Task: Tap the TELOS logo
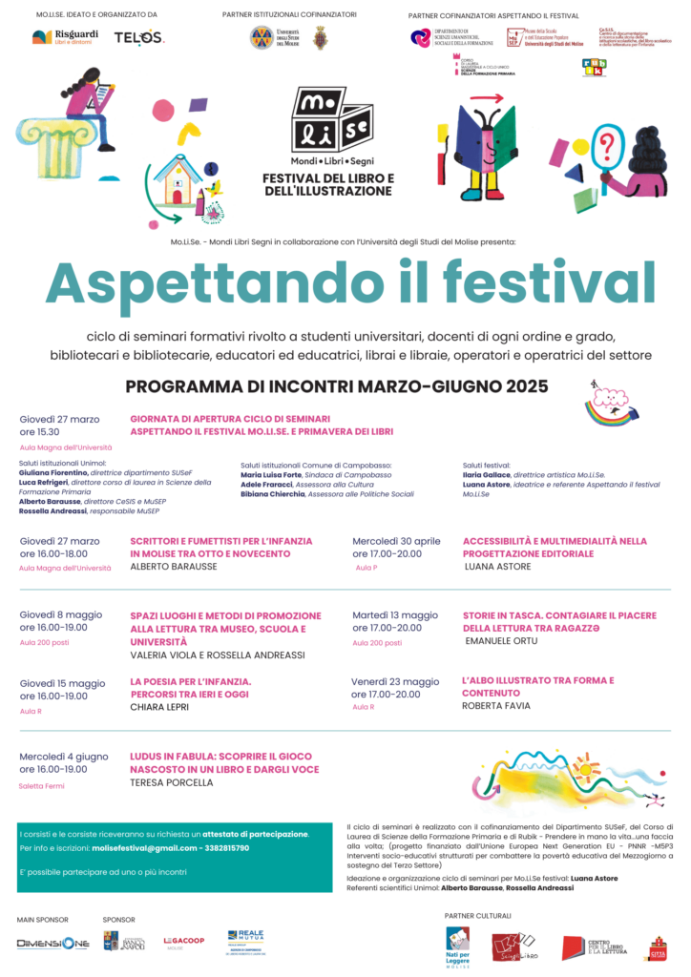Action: [x=139, y=37]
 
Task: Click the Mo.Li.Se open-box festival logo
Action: [x=328, y=120]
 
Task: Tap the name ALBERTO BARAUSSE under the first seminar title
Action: [x=174, y=566]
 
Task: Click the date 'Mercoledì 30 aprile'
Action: [x=396, y=541]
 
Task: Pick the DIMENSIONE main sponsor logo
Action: [x=52, y=944]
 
